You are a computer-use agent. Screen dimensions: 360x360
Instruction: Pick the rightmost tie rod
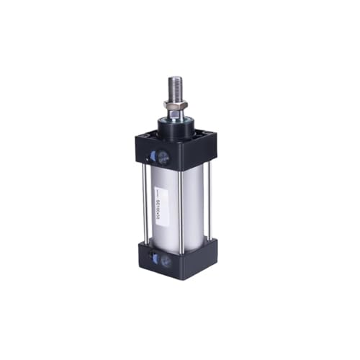pyautogui.click(x=209, y=202)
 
